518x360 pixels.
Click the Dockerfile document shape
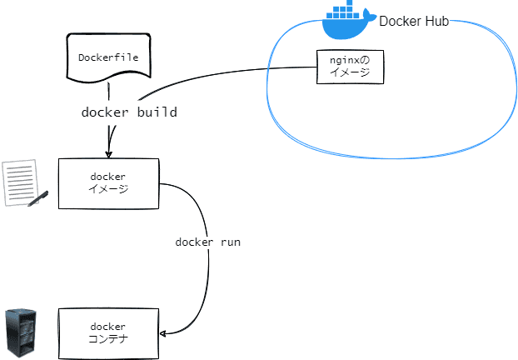[x=108, y=58]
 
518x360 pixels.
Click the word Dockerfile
[x=108, y=57]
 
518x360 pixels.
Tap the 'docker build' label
[x=129, y=112]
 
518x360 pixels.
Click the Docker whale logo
[x=346, y=21]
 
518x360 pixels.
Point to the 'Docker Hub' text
[x=414, y=22]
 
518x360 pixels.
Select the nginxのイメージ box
[x=350, y=66]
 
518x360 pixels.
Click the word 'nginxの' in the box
[x=350, y=60]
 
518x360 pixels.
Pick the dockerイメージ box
[x=108, y=183]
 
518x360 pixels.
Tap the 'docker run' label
[x=208, y=242]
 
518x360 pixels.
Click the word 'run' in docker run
[x=229, y=242]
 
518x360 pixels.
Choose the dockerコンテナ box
[x=108, y=332]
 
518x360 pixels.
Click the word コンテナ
[x=108, y=339]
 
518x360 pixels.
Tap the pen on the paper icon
[x=37, y=198]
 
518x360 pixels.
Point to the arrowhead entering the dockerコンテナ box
[x=162, y=333]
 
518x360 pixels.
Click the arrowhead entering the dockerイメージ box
[x=108, y=152]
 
